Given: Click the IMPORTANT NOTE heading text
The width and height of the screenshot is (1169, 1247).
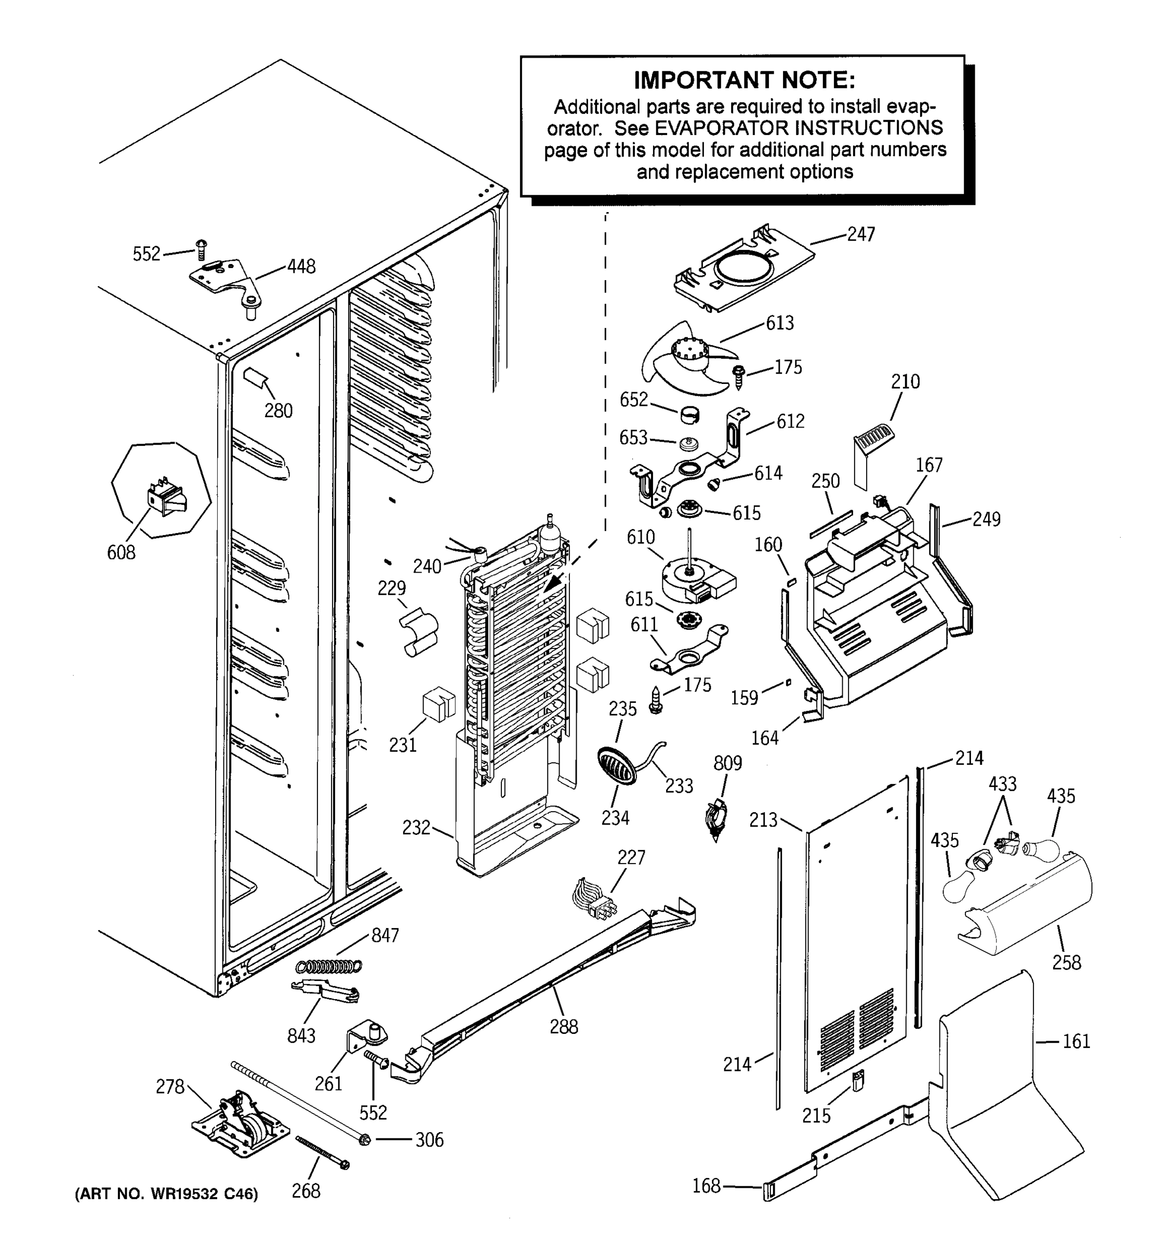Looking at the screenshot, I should (744, 81).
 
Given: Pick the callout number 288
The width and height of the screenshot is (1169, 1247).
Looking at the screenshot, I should (563, 1027).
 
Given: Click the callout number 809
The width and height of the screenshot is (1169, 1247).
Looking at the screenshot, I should (727, 763).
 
